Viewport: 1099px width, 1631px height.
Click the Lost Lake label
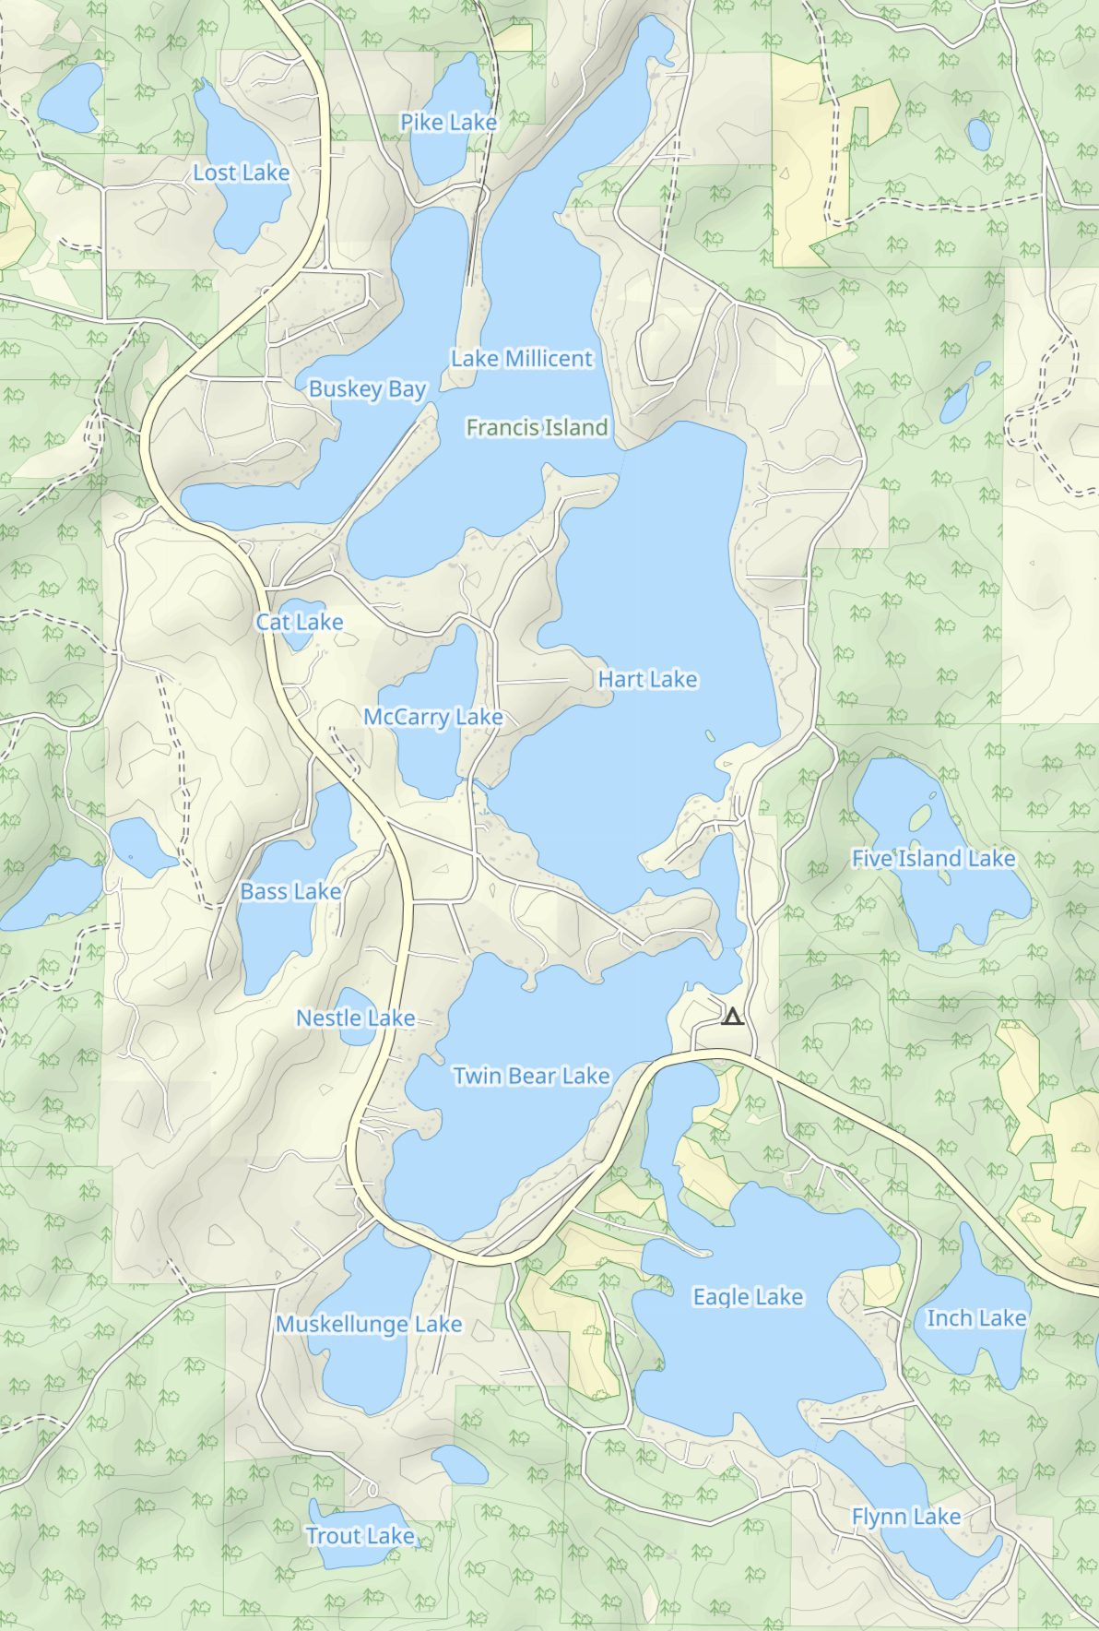pos(241,173)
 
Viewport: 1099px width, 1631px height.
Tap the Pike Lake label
pos(448,122)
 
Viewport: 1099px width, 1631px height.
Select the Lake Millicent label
pos(522,358)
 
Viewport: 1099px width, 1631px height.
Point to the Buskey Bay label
pos(367,388)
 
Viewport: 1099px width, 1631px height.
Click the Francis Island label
pos(537,427)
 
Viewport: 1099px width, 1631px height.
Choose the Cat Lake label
pos(300,622)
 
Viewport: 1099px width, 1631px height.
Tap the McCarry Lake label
pos(432,717)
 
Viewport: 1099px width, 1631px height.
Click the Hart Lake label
pos(647,679)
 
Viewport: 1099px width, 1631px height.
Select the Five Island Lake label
pos(933,858)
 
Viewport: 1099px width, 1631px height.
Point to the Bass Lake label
pos(290,891)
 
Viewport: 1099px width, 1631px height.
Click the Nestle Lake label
pos(355,1018)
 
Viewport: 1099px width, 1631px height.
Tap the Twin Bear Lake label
pos(531,1076)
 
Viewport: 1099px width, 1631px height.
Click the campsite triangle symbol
pos(732,1018)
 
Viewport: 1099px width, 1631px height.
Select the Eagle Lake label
pos(748,1296)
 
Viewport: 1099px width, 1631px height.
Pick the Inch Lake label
pos(975,1318)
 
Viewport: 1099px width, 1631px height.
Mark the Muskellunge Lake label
pos(369,1324)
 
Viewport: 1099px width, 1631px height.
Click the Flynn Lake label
pos(905,1517)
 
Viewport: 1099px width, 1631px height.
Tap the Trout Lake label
pos(360,1535)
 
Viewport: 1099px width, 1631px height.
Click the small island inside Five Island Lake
pos(920,816)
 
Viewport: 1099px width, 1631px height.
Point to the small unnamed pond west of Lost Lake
pos(71,97)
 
